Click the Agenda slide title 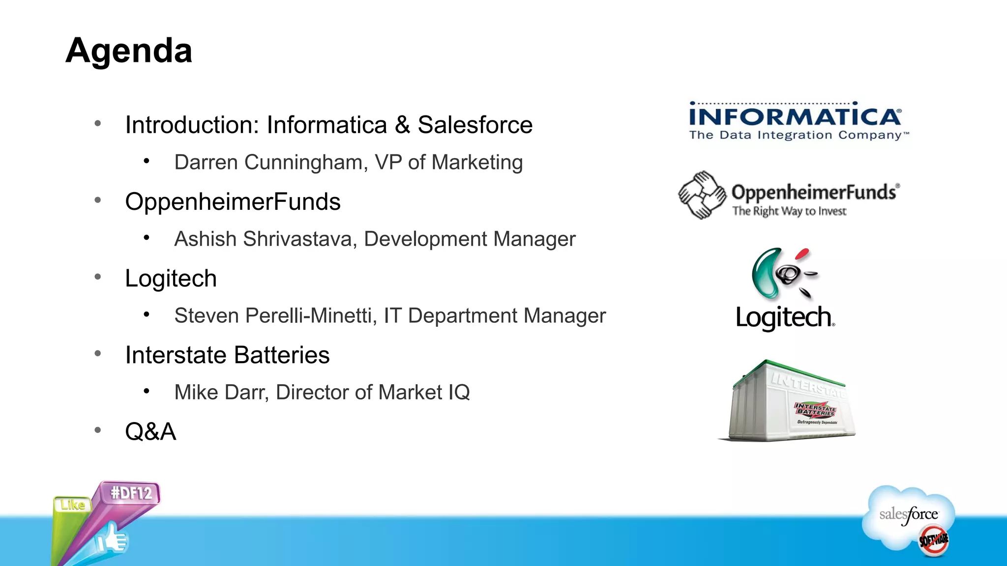(129, 50)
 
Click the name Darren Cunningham (271, 162)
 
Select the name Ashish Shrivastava (266, 239)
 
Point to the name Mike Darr (221, 393)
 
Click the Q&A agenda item (150, 432)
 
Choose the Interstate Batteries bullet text (227, 355)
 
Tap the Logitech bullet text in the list (171, 279)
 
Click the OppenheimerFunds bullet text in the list (233, 202)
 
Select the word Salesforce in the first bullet (475, 125)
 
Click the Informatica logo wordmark (795, 117)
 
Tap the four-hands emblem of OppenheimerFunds (702, 195)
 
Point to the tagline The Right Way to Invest (789, 211)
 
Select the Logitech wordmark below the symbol (785, 317)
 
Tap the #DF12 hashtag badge (131, 493)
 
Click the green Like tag (73, 505)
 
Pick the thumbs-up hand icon (112, 539)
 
